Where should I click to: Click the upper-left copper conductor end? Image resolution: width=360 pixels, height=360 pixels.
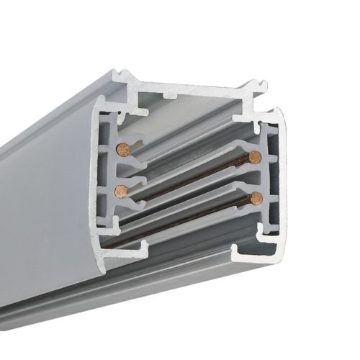(122, 149)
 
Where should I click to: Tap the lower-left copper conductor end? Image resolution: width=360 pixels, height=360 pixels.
(122, 191)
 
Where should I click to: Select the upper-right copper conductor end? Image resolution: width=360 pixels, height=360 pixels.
(254, 158)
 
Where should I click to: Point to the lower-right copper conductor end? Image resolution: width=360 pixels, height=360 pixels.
(254, 197)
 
